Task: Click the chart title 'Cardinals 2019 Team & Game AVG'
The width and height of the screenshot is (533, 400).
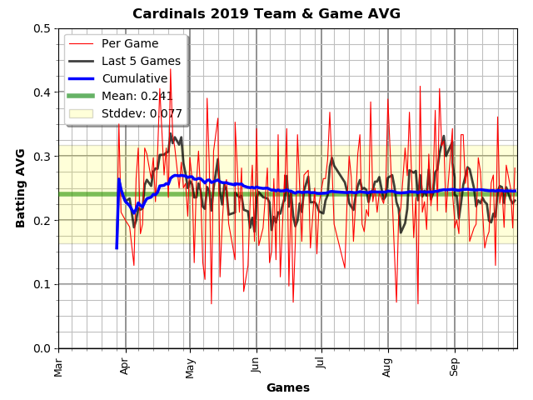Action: (266, 14)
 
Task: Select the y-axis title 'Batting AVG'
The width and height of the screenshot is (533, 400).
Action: (21, 187)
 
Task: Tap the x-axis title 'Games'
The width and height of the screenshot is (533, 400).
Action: (287, 387)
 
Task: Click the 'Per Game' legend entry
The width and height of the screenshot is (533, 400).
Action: (130, 43)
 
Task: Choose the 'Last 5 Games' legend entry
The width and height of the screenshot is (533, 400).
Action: (141, 61)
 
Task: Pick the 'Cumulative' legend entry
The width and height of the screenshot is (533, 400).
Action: (134, 78)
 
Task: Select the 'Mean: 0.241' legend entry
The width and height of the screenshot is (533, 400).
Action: (137, 96)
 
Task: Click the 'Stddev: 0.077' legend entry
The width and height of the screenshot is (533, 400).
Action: (142, 113)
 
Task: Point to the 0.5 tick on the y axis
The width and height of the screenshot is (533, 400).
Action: (42, 28)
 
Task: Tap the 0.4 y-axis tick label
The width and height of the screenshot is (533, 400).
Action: (42, 92)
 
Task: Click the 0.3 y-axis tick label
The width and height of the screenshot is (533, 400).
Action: (42, 157)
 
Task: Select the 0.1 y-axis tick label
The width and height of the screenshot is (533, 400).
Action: (42, 284)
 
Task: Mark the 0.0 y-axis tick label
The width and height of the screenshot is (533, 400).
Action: (42, 348)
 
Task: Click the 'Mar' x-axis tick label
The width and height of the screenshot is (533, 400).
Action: (58, 366)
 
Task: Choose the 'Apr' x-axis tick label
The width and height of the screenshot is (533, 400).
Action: (125, 366)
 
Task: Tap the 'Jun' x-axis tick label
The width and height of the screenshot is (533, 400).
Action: (256, 366)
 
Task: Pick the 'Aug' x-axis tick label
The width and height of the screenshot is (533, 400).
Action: (387, 366)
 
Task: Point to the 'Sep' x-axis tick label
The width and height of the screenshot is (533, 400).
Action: (454, 366)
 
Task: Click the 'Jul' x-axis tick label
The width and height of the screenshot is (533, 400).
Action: (321, 366)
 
